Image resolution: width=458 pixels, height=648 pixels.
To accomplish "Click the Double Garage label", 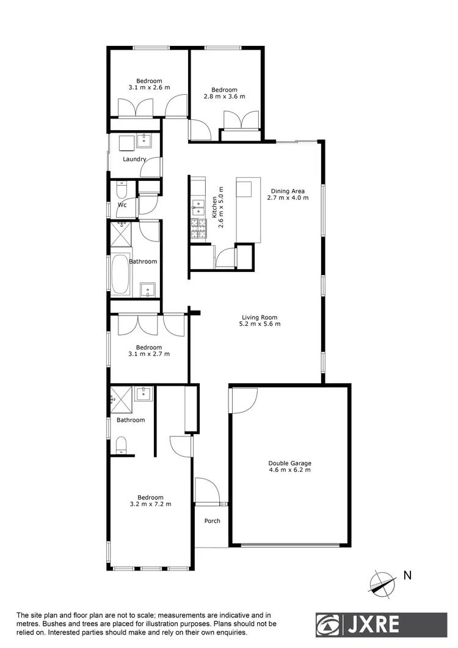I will [x=289, y=463].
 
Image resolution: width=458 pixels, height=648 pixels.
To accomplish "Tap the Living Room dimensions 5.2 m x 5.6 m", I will [x=260, y=324].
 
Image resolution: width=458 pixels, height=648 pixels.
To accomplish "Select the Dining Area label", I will [x=288, y=191].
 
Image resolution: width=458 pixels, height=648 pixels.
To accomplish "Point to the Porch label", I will [x=212, y=521].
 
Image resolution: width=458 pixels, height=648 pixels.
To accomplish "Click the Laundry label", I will [x=134, y=160].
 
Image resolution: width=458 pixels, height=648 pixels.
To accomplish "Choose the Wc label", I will [x=122, y=205].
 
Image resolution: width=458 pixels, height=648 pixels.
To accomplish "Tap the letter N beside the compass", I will [x=407, y=575].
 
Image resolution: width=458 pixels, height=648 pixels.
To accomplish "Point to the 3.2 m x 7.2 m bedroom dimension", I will [x=150, y=504].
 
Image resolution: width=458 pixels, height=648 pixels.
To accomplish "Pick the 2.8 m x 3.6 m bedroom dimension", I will [x=224, y=97].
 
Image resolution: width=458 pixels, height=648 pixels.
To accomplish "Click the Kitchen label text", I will [x=214, y=206].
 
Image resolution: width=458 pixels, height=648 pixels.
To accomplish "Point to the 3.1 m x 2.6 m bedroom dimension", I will [x=149, y=87].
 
